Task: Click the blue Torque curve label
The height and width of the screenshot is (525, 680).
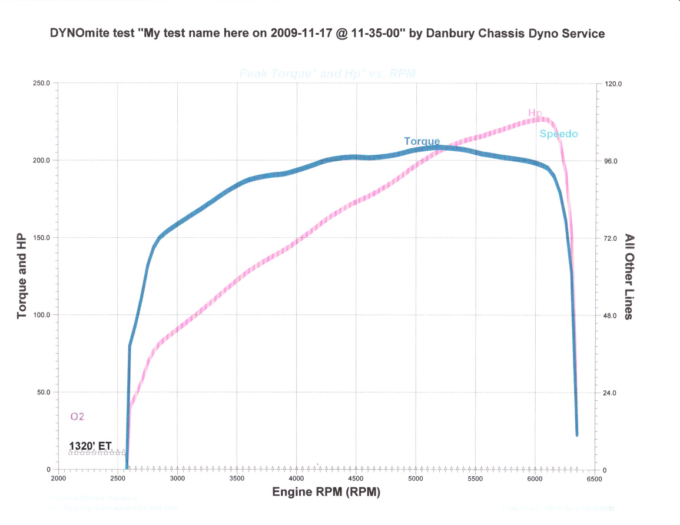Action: [x=422, y=141]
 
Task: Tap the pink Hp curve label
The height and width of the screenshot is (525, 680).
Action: [x=535, y=113]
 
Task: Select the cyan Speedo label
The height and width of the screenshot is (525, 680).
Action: [x=559, y=134]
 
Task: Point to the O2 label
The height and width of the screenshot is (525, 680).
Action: [x=78, y=417]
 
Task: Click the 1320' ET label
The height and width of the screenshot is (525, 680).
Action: [x=90, y=446]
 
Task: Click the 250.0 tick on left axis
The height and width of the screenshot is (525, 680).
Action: [x=41, y=84]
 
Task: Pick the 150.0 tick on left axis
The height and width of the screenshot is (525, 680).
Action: [x=41, y=238]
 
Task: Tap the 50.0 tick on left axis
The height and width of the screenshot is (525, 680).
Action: [x=42, y=393]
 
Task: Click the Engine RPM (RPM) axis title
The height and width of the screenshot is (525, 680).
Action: [x=326, y=492]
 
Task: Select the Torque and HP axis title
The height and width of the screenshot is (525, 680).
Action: [x=22, y=276]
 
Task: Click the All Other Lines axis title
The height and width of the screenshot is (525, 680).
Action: [x=629, y=277]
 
